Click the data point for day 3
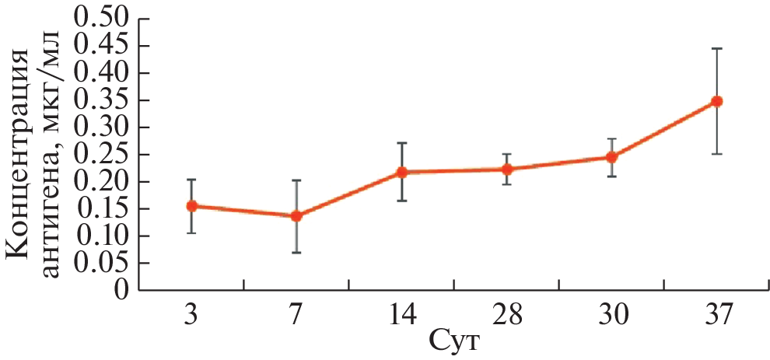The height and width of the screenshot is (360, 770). click(x=191, y=206)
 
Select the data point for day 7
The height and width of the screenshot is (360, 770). click(x=296, y=215)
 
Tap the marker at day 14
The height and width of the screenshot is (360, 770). click(x=402, y=172)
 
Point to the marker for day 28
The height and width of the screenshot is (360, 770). click(x=507, y=169)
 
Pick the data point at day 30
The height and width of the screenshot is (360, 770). click(x=611, y=157)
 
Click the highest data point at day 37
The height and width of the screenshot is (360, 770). click(x=717, y=101)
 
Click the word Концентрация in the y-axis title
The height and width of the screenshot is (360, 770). click(x=22, y=156)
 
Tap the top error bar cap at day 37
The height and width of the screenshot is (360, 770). click(x=717, y=48)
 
